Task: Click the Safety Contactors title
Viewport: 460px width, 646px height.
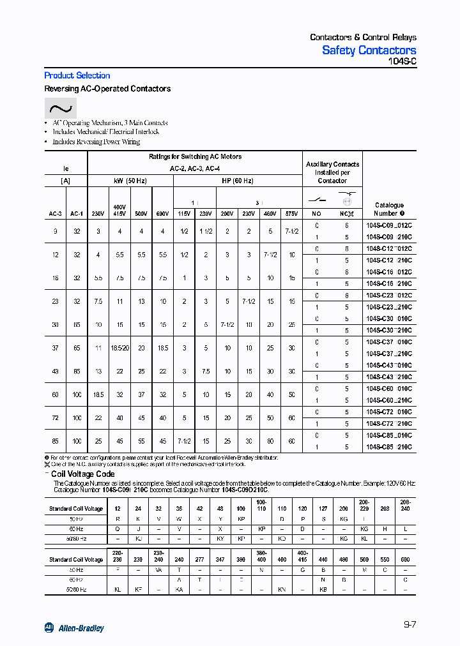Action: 369,50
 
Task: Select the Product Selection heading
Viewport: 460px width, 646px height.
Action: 77,75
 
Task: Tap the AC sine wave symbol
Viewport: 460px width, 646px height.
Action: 60,108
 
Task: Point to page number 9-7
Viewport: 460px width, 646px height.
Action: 410,625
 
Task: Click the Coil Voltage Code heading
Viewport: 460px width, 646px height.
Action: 82,474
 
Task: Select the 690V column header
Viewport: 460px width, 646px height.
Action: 163,214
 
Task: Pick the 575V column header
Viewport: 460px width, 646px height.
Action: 292,214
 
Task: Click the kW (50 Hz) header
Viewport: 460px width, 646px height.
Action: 130,181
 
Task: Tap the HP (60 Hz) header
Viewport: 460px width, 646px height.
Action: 238,181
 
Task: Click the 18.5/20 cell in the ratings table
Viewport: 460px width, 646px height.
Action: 119,348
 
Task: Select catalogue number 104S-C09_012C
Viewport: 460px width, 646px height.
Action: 389,226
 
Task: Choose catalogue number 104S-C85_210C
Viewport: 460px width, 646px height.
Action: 389,447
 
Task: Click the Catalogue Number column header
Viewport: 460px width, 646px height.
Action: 389,209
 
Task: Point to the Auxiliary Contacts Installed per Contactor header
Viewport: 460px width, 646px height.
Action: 332,172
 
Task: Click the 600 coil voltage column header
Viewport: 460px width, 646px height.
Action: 405,559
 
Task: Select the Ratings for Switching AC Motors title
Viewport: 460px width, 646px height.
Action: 195,156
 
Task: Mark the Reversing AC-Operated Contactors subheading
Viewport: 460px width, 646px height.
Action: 107,89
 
